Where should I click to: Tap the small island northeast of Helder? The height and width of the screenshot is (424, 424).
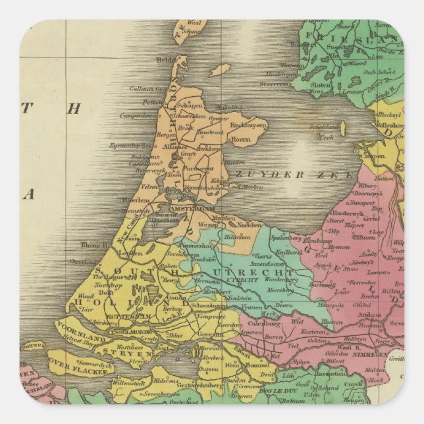[219, 69]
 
